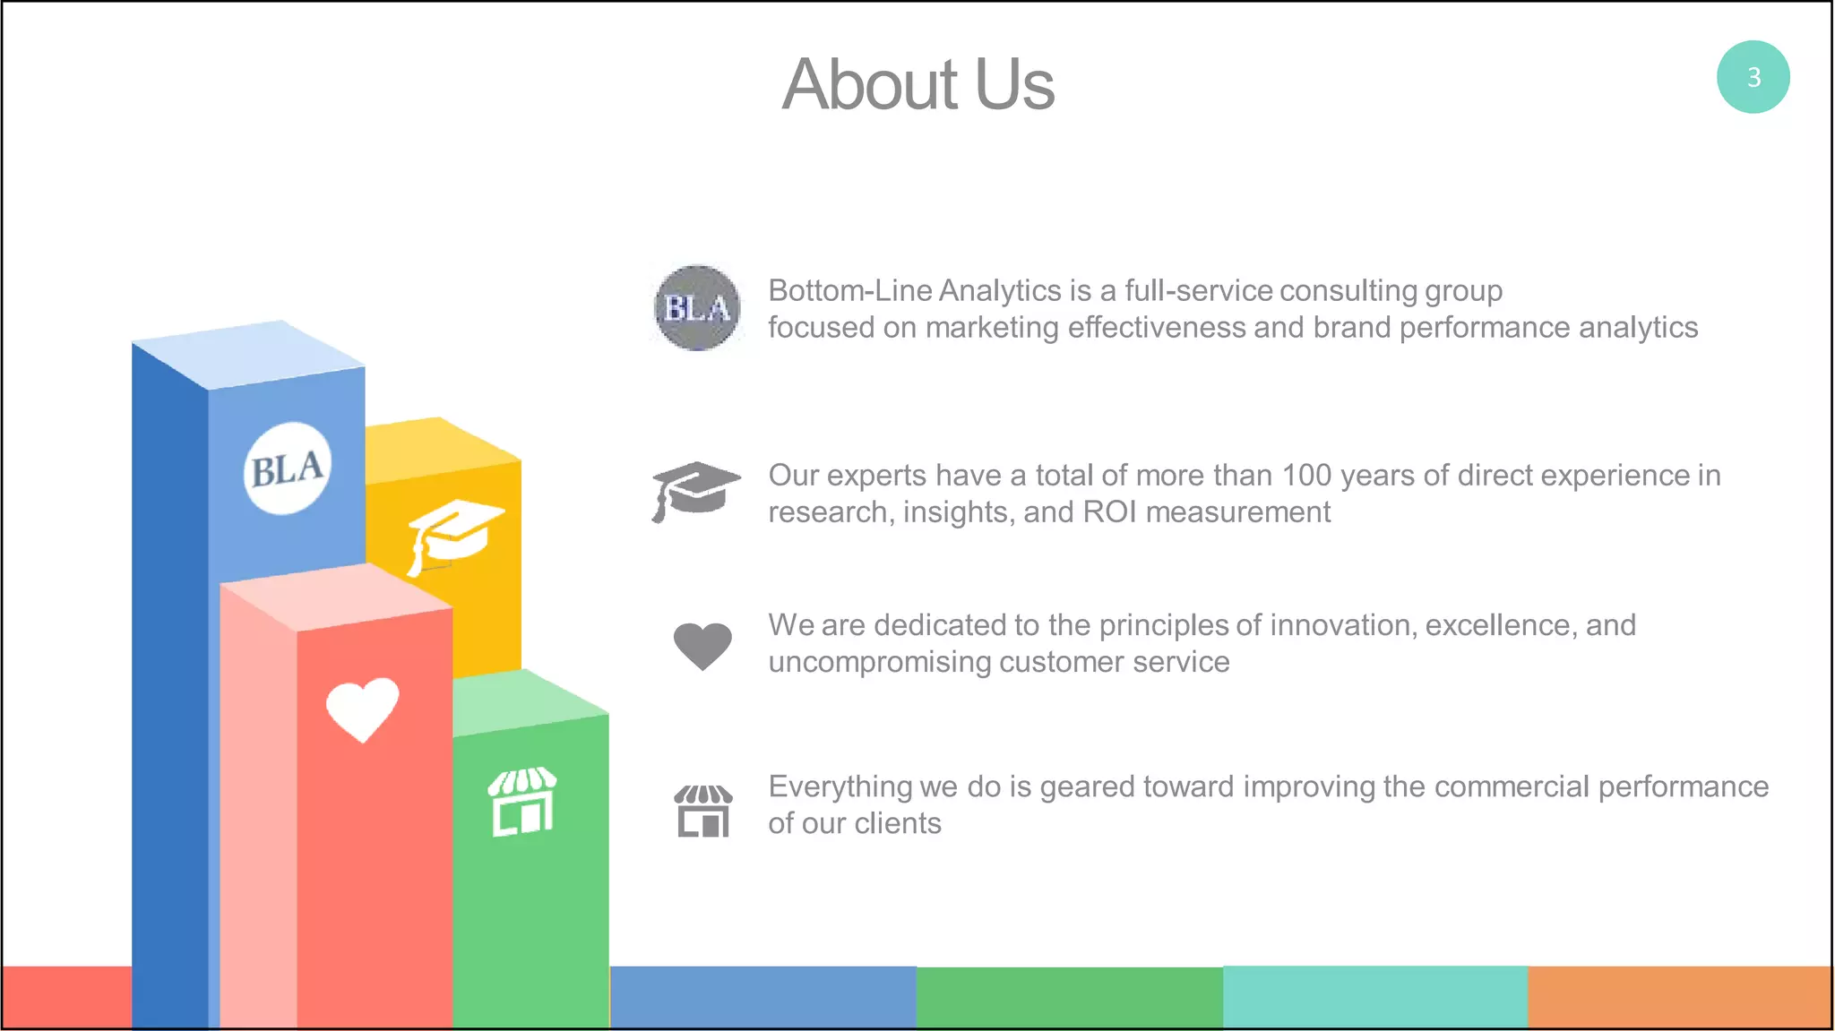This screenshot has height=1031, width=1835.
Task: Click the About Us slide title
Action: click(917, 84)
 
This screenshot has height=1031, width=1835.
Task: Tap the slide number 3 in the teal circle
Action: click(1753, 77)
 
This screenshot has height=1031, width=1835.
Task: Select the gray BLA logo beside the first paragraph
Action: click(697, 308)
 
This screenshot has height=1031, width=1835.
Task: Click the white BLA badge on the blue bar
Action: click(287, 468)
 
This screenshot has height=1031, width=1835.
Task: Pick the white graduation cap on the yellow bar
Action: click(453, 534)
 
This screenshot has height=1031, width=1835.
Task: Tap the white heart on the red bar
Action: click(362, 708)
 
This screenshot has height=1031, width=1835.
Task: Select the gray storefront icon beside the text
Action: click(703, 810)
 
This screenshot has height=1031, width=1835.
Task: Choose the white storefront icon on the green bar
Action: click(522, 802)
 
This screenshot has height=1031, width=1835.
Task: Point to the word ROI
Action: click(1110, 512)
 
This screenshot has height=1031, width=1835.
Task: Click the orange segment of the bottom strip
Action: click(1680, 997)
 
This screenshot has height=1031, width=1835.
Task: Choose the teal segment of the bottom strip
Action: click(1374, 997)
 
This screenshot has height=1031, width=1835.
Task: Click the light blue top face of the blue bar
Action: click(248, 355)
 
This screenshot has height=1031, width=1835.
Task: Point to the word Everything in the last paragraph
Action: click(840, 787)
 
